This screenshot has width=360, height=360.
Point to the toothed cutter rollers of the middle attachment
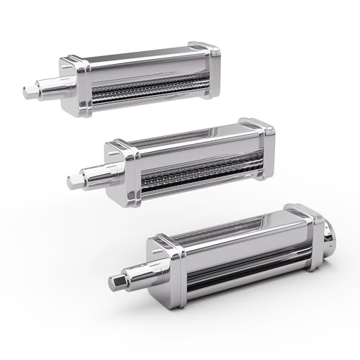click(194, 168)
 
